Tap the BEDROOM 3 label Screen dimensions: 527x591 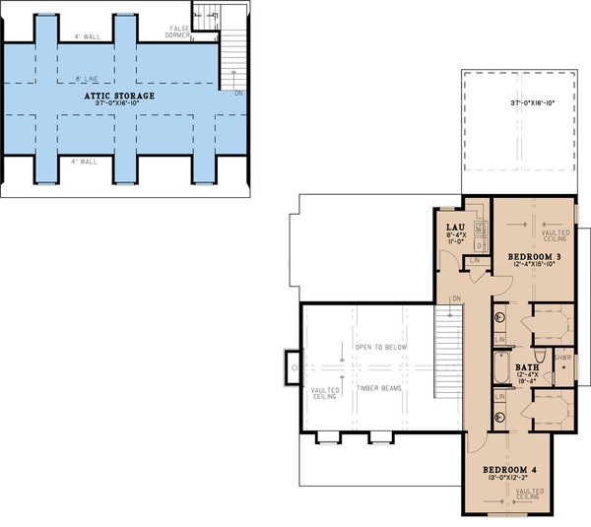[535, 257]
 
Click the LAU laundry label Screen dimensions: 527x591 [455, 227]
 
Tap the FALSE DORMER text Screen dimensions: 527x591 [179, 32]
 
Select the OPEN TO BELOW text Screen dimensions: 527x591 [383, 348]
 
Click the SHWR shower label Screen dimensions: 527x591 [562, 358]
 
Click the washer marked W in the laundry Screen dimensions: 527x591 [480, 228]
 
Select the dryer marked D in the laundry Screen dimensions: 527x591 [480, 244]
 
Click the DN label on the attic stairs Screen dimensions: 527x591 [238, 93]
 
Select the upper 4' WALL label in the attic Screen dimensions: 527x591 [90, 37]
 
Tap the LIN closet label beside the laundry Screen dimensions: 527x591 [475, 260]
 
